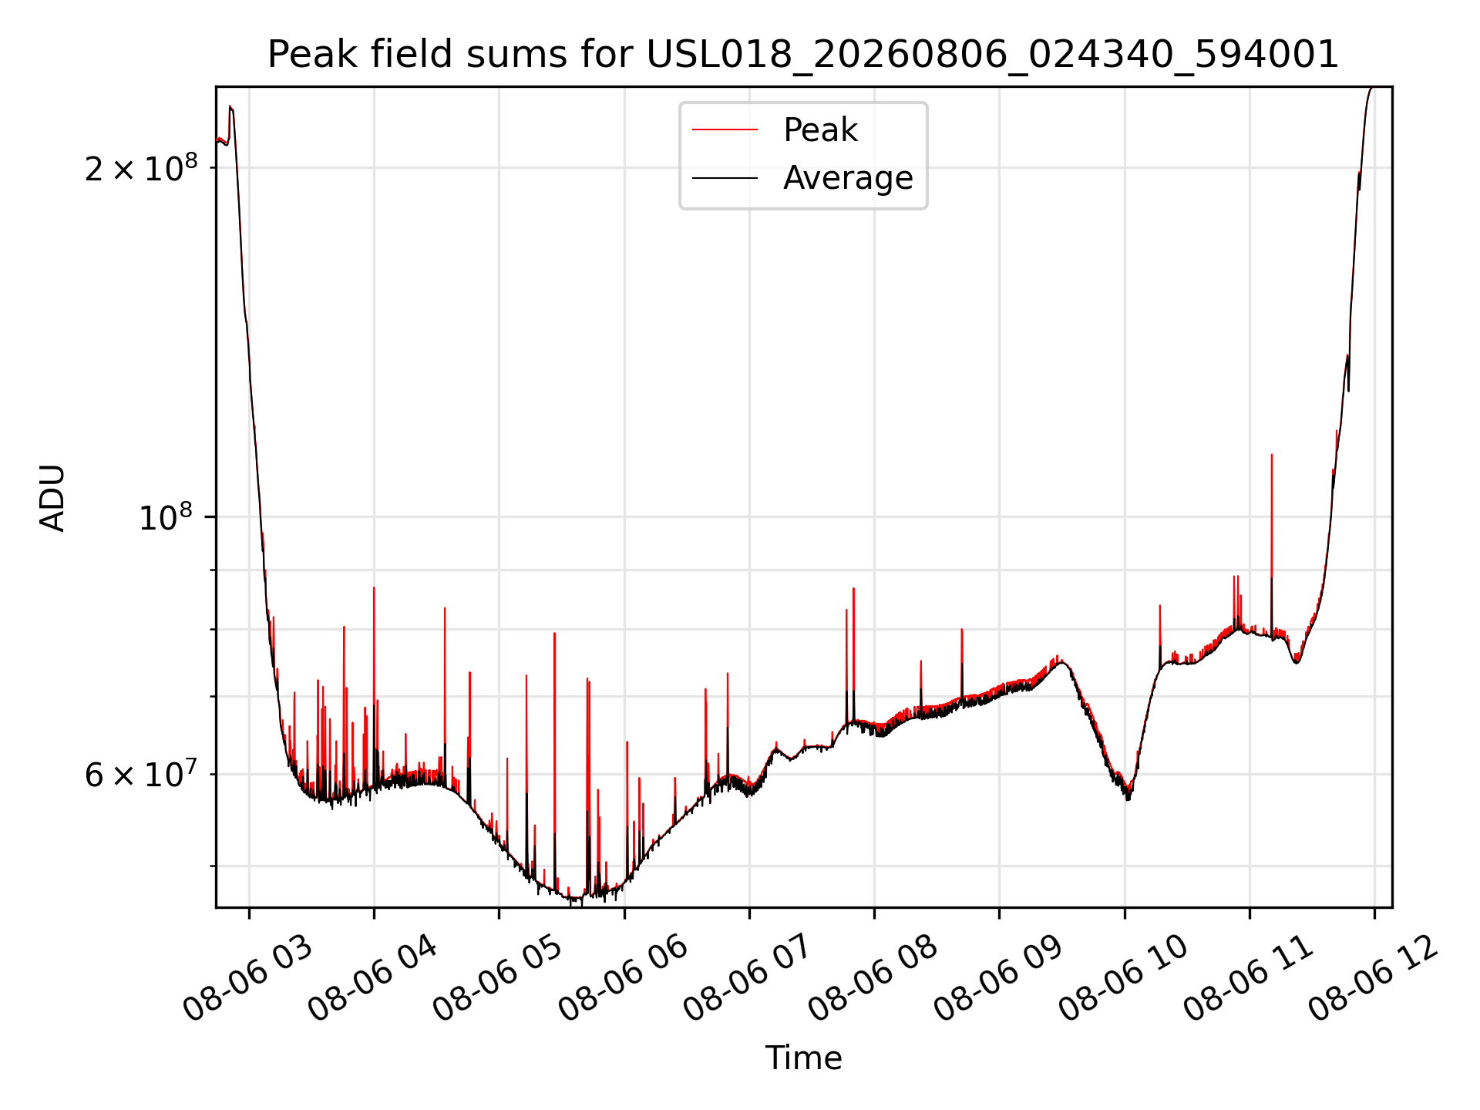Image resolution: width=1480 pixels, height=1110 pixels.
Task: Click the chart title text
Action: tap(803, 55)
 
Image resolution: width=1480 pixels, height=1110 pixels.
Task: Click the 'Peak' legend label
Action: tap(820, 129)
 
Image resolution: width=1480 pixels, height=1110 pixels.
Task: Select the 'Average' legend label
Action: tap(848, 178)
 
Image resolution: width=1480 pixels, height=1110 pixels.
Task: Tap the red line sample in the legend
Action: tap(725, 129)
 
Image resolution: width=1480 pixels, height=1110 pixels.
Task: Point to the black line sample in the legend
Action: tap(725, 178)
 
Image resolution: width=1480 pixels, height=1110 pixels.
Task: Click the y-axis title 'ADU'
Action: tap(52, 497)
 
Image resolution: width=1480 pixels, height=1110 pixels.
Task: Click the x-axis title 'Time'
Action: tap(803, 1058)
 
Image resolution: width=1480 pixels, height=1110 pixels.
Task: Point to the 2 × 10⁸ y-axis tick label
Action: tap(141, 167)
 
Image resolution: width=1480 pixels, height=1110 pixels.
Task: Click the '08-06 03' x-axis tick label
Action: tap(248, 978)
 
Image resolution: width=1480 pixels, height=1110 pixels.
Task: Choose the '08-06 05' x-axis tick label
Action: tap(498, 978)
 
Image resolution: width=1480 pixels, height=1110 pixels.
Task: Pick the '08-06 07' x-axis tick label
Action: tap(748, 978)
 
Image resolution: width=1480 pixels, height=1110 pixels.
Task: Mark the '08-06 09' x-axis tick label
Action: tap(999, 978)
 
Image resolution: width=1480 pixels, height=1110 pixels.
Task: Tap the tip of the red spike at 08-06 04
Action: tap(374, 588)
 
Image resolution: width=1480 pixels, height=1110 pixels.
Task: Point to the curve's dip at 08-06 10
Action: tap(1127, 796)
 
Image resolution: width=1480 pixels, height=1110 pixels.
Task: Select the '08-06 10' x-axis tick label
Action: tap(1124, 978)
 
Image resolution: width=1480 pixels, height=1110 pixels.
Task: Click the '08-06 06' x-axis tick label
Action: tap(624, 978)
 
